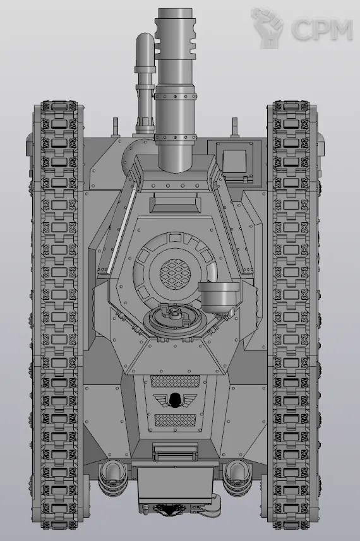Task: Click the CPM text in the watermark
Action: click(321, 29)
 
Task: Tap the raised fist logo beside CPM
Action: click(268, 28)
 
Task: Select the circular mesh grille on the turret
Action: click(176, 274)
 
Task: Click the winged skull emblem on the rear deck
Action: click(175, 400)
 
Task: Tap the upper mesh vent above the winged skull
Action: click(176, 381)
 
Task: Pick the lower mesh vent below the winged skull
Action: click(176, 420)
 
